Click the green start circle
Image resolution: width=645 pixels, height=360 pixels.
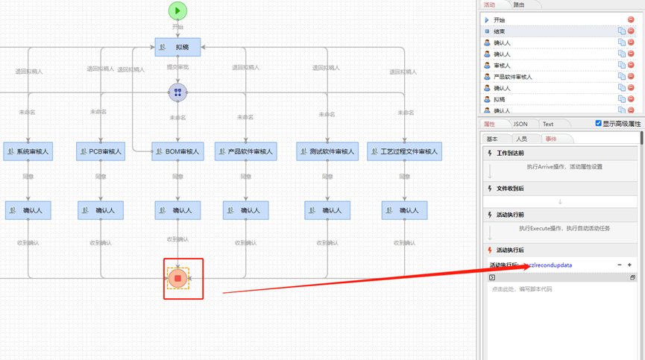point(177,10)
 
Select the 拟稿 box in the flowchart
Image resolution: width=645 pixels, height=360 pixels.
point(177,47)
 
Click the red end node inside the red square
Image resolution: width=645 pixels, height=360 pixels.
point(177,279)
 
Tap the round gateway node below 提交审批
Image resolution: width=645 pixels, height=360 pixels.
point(177,92)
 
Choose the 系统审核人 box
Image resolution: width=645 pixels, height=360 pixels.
point(28,151)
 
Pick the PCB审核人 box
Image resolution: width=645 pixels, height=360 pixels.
point(101,151)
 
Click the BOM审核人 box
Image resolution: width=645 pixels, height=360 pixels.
point(177,151)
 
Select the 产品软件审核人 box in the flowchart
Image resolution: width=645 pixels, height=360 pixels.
point(245,151)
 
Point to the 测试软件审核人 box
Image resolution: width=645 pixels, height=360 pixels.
point(327,151)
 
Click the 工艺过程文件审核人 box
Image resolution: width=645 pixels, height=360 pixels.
point(404,151)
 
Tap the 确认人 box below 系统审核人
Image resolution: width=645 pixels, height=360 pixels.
point(28,210)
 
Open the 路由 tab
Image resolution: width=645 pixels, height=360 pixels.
point(518,4)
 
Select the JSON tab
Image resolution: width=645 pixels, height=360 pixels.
point(520,124)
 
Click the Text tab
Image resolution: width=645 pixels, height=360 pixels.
point(548,124)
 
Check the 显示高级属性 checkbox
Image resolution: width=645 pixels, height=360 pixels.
point(598,124)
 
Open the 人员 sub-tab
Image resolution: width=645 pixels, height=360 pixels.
point(521,139)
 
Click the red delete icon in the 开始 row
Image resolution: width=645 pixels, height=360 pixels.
point(631,20)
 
